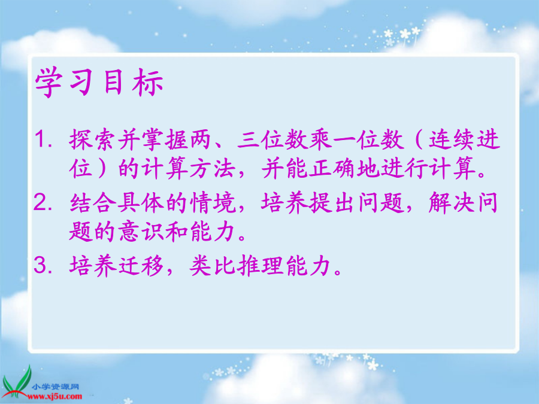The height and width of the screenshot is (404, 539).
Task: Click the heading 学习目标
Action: [x=99, y=83]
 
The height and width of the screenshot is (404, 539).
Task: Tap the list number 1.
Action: [x=43, y=139]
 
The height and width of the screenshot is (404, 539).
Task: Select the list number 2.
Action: [x=43, y=203]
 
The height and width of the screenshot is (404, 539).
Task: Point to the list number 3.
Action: [x=43, y=265]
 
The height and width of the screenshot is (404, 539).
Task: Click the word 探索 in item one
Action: [x=93, y=139]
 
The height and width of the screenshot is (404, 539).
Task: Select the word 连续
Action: [x=452, y=139]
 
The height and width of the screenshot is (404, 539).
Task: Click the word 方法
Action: [x=213, y=168]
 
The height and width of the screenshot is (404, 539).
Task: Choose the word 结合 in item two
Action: [x=93, y=203]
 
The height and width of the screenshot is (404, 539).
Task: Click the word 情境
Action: [x=213, y=203]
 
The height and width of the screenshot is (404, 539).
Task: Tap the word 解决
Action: [x=452, y=203]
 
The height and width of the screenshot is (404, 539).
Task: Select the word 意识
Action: [x=141, y=231]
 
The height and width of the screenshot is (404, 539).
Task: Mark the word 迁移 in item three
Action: [x=141, y=265]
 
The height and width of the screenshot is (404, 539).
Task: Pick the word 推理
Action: [x=261, y=265]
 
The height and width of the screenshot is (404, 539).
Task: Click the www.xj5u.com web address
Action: [x=55, y=396]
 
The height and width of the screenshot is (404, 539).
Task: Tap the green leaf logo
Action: [x=17, y=381]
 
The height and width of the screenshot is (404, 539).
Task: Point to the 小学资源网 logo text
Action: [x=55, y=387]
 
